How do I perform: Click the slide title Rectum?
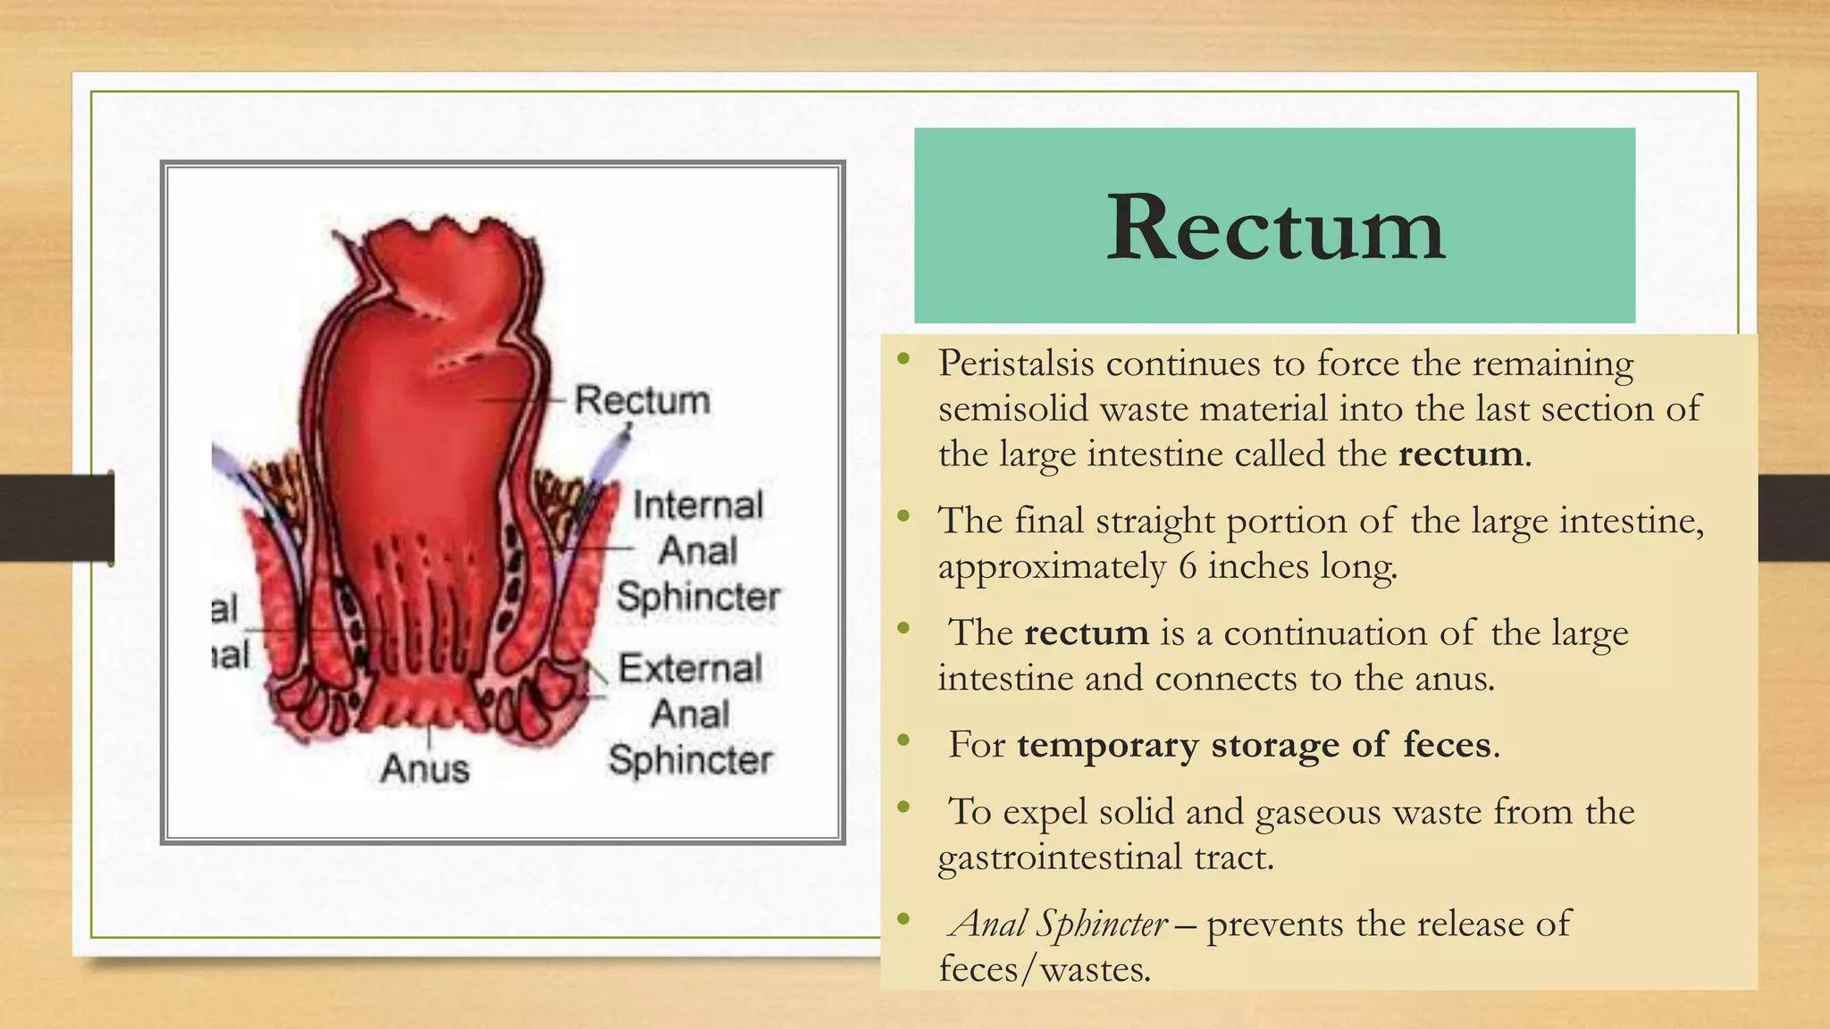pyautogui.click(x=1275, y=228)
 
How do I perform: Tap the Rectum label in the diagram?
pyautogui.click(x=642, y=399)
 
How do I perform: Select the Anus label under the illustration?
pyautogui.click(x=424, y=768)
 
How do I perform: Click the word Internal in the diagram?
pyautogui.click(x=698, y=506)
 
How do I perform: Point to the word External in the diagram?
pyautogui.click(x=690, y=668)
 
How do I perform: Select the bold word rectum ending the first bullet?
pyautogui.click(x=1460, y=454)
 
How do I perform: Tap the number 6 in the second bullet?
pyautogui.click(x=1188, y=566)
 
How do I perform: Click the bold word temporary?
pyautogui.click(x=1108, y=745)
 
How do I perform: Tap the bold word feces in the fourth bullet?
pyautogui.click(x=1447, y=745)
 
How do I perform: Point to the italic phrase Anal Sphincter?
pyautogui.click(x=1060, y=924)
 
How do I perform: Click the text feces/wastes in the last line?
pyautogui.click(x=1045, y=969)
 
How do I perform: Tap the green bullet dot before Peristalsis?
pyautogui.click(x=904, y=359)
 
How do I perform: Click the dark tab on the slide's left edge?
pyautogui.click(x=56, y=518)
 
